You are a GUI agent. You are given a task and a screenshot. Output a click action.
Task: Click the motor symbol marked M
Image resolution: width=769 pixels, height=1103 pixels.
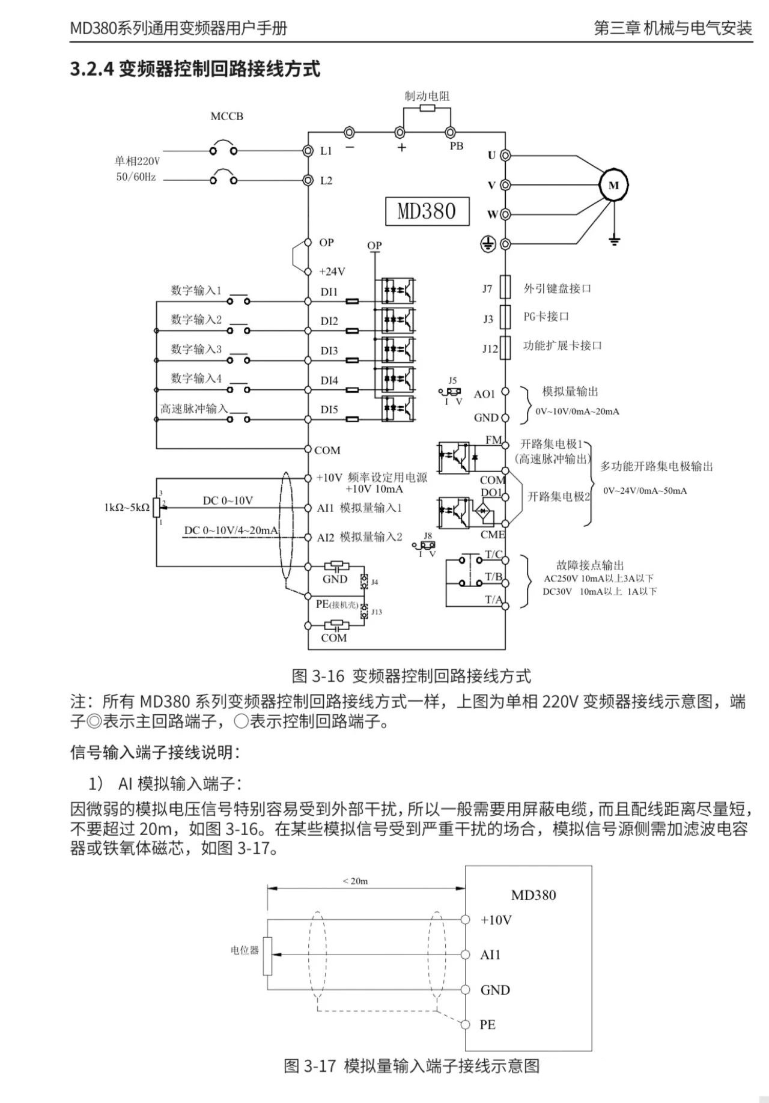pos(613,185)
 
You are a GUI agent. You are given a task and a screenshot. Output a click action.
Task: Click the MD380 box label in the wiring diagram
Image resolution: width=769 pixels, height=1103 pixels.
pos(427,211)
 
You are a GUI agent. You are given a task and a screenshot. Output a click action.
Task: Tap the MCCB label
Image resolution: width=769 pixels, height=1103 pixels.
pos(226,117)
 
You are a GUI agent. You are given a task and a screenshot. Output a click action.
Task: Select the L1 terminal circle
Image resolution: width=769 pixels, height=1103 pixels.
pos(308,151)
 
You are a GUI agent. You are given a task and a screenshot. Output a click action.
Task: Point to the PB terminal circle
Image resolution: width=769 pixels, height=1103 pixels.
pos(449,132)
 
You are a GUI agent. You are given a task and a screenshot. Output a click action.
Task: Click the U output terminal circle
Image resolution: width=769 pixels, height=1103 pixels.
pos(506,156)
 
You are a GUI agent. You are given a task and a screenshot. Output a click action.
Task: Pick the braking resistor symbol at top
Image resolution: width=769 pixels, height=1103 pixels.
pos(427,108)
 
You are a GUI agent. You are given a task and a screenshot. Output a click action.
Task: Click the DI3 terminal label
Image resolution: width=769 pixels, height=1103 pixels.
pos(329,351)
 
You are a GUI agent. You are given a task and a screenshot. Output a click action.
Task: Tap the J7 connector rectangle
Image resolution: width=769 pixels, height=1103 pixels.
pos(506,288)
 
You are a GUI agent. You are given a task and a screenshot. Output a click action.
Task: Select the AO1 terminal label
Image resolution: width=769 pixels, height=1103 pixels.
pos(484,394)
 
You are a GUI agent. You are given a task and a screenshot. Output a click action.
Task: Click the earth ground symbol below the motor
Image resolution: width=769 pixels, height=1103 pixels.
pos(613,240)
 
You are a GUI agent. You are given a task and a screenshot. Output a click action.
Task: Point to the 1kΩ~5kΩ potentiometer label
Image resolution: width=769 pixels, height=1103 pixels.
pos(126,508)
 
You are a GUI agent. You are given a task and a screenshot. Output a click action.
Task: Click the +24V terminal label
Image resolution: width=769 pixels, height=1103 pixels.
pos(332,272)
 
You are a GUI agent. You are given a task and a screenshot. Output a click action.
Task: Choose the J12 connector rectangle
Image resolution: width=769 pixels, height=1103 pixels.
pos(506,347)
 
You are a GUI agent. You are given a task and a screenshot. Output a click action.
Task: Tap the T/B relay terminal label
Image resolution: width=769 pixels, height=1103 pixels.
pos(493,577)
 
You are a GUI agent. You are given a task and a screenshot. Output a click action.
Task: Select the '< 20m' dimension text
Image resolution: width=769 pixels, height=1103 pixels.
pos(355,881)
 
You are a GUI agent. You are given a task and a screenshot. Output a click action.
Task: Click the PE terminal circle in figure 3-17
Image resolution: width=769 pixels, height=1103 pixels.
pos(465,1024)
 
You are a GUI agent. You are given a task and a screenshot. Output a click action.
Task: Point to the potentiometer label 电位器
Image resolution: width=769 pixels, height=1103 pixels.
pos(245,950)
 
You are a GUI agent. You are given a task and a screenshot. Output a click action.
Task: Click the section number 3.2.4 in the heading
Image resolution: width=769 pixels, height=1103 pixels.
pos(92,69)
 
